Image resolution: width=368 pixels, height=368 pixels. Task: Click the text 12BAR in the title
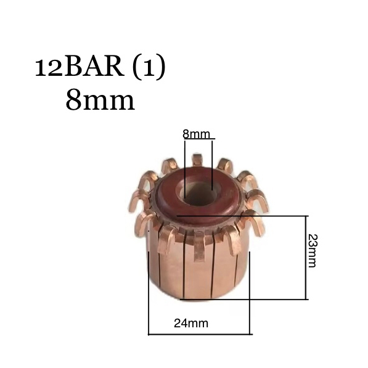80,68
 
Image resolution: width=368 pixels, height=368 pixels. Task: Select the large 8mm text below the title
100,100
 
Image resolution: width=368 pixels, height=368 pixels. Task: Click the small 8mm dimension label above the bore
196,134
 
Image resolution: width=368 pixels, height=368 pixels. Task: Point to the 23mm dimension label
312,251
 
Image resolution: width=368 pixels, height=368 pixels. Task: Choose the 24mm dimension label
191,324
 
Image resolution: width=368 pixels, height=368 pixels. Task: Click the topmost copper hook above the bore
197,160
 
